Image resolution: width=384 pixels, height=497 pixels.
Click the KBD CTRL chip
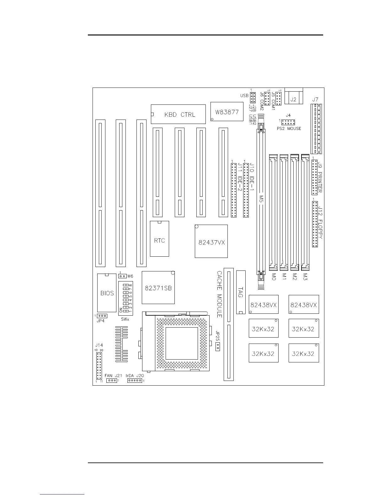pos(178,114)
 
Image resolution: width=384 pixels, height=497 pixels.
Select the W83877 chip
pos(227,112)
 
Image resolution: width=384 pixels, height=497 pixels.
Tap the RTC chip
pos(159,241)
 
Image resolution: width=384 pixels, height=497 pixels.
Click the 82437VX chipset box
pos(211,242)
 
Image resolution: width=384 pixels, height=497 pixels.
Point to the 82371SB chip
pos(158,288)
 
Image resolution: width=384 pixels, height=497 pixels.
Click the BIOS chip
pos(107,293)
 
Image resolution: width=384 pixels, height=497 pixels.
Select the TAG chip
pos(241,292)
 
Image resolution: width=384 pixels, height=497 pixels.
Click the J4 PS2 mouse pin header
pos(288,122)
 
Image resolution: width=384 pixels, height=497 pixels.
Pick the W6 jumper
pos(122,276)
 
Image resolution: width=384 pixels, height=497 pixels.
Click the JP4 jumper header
pos(102,316)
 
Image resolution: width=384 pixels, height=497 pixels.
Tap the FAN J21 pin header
pos(111,381)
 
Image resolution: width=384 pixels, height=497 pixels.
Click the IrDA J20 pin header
pos(135,381)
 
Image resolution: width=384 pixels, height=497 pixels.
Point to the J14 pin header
pos(99,366)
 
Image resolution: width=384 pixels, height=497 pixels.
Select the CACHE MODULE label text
pos(219,294)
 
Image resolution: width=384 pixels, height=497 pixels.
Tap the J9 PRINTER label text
pos(320,177)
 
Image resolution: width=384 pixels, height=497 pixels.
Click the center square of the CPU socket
pos(182,344)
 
